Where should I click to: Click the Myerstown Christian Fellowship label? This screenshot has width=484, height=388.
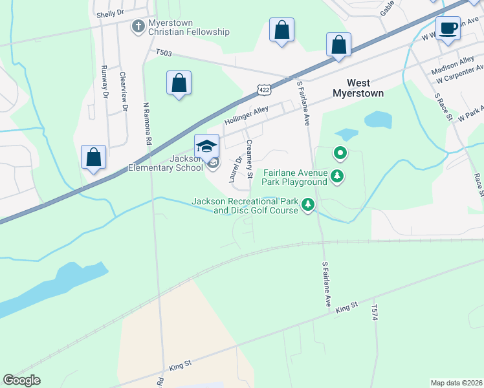click(x=189, y=27)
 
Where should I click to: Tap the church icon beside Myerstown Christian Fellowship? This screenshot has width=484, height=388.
click(x=137, y=27)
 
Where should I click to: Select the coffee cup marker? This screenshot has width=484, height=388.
click(x=448, y=28)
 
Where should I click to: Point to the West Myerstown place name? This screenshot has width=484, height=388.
click(x=358, y=88)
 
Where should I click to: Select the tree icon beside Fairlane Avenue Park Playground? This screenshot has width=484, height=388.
click(x=336, y=175)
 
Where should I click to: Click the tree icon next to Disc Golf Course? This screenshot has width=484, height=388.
click(x=309, y=206)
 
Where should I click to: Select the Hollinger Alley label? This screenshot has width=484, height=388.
click(x=247, y=116)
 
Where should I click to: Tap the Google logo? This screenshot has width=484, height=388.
click(x=22, y=380)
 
